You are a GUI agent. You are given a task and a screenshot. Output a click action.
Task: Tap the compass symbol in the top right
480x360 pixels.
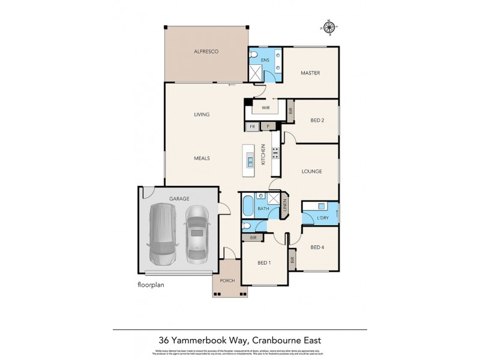[328, 26]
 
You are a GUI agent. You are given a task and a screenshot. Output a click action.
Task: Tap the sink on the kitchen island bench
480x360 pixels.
[250, 160]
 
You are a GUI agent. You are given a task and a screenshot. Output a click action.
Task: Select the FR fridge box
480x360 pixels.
[253, 127]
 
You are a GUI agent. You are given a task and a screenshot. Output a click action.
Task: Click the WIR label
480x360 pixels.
[264, 108]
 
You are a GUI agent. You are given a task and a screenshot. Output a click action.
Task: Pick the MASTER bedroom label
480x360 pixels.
[310, 73]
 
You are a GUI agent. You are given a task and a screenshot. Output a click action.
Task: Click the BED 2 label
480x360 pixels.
[317, 120]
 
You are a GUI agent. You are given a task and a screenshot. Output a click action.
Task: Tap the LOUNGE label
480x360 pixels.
[311, 172]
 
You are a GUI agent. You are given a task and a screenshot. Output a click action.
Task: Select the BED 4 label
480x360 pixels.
[317, 247]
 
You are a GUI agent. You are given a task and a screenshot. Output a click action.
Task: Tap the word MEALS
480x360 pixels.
[201, 158]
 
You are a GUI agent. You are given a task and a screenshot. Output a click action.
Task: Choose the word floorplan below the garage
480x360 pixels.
[150, 286]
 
